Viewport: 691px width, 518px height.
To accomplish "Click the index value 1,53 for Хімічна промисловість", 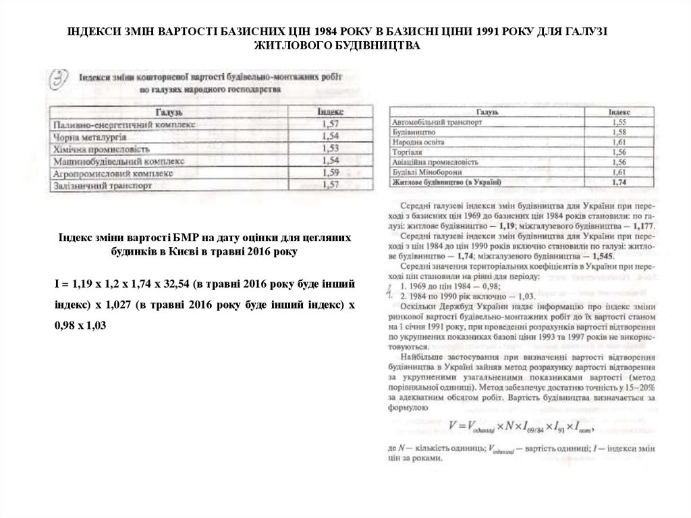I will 330,149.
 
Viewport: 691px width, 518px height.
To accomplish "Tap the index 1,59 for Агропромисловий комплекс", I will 331,173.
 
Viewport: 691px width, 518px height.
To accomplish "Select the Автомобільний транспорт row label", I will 431,124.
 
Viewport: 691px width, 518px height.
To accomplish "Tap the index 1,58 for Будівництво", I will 619,133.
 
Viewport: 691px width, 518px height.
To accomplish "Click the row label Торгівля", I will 406,153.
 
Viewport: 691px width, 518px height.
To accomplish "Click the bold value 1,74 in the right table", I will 619,182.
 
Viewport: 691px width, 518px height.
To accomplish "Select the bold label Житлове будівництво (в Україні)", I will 446,182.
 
